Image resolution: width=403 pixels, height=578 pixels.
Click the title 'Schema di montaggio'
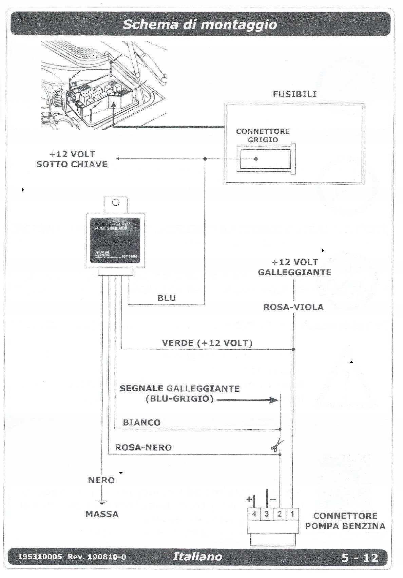coord(200,24)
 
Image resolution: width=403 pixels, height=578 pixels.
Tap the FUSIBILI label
coord(294,94)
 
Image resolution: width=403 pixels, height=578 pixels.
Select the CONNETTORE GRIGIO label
coord(263,135)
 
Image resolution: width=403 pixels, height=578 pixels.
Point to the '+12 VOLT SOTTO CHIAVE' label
coord(72,159)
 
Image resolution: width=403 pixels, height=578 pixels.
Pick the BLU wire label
coord(167,298)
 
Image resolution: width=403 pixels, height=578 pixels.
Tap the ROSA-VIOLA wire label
coord(293,307)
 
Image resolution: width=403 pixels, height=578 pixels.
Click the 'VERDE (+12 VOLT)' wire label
coord(207,343)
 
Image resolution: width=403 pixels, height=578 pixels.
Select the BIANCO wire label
coord(141,423)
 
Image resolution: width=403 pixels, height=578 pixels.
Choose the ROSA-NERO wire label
coord(143,447)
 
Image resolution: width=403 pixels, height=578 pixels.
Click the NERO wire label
coord(101,480)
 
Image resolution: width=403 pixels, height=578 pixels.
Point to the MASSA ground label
coord(102,514)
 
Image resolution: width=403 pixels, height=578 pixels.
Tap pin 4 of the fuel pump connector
coord(254,514)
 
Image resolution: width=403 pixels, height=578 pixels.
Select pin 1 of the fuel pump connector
coord(292,514)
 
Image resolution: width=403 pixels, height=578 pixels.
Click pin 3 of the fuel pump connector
coord(267,514)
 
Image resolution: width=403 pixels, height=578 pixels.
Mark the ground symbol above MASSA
coord(101,502)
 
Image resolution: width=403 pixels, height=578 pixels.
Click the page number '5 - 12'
coord(360,558)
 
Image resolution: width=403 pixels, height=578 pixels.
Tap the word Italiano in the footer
coord(197,556)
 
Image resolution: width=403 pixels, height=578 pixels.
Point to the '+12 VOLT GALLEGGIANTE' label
coord(294,267)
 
